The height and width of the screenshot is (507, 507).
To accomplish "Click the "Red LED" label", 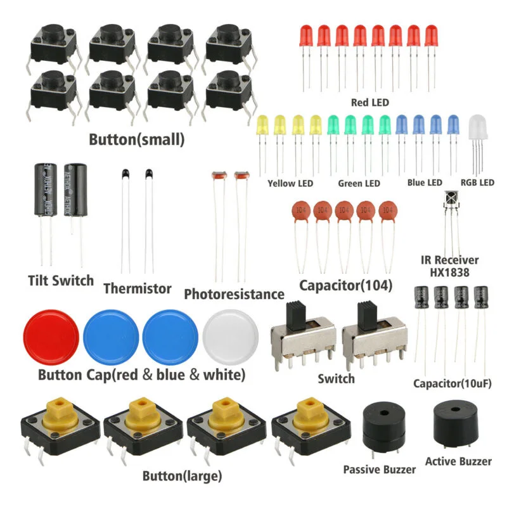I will coord(370,102).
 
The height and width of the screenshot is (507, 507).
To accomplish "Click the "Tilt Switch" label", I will coord(61,280).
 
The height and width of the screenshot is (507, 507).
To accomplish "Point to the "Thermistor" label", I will coord(137,288).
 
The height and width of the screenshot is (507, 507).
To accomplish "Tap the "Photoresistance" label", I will coord(234,294).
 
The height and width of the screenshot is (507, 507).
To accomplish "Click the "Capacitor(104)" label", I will coord(346,285).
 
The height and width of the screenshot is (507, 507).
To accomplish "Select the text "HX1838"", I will coord(450,273).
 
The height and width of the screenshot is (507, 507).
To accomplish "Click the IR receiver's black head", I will coord(450,200).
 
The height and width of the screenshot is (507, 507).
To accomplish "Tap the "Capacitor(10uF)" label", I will coord(452,383).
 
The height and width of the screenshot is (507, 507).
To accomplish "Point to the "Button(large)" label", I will coord(182,475).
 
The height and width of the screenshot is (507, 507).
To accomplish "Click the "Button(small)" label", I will coord(137,140).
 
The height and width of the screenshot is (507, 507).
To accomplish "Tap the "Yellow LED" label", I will coord(290,184).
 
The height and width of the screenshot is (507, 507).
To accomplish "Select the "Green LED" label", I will coord(359,184).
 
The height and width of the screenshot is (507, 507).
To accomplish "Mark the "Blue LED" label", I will coord(425,183).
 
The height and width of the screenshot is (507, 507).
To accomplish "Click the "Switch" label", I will coord(336,379).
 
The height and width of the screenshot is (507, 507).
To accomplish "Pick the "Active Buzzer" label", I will coord(458,461).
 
